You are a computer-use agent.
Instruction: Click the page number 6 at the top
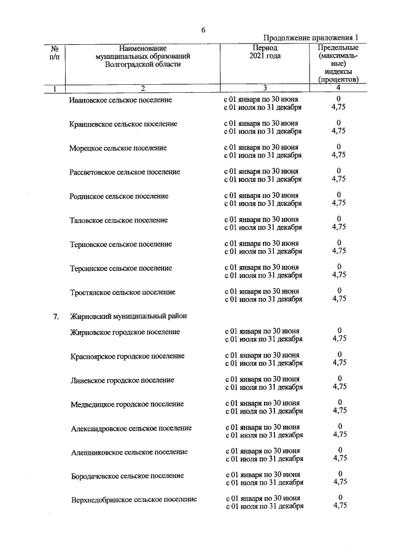tap(203, 29)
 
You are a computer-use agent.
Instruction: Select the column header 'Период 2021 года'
tap(265, 52)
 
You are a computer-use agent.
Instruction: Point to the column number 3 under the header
tap(265, 89)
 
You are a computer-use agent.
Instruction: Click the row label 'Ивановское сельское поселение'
tap(121, 100)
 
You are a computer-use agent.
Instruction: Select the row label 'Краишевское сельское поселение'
tap(123, 124)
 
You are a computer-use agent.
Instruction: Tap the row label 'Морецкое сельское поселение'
tap(118, 148)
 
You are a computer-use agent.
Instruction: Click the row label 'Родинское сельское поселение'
tap(119, 196)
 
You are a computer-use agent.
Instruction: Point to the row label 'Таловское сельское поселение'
tap(119, 220)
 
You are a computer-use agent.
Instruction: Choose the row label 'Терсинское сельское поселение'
tap(121, 268)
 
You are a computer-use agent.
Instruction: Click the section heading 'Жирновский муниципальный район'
tap(128, 316)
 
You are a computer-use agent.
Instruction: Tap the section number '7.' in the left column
tap(55, 316)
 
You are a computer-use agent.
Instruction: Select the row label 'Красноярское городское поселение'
tap(128, 356)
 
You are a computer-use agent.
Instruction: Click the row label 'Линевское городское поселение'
tap(122, 380)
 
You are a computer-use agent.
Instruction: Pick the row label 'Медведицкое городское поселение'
tap(127, 404)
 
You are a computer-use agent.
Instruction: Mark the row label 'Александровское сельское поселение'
tap(131, 428)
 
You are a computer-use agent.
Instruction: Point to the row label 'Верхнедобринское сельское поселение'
tap(134, 500)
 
